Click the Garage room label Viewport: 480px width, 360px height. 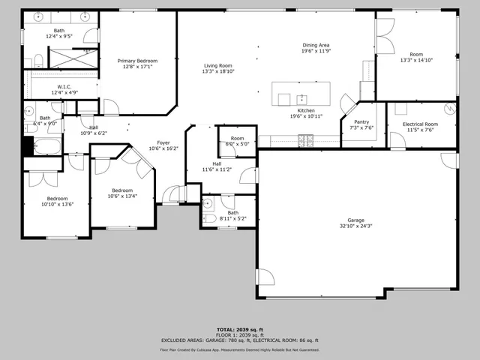[x=356, y=220]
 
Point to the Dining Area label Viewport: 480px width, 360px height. [x=316, y=45]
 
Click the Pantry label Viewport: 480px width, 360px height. [x=361, y=121]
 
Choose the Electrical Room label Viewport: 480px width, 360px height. [x=420, y=124]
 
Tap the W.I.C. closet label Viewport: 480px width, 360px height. [x=64, y=87]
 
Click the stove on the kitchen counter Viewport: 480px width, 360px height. [x=306, y=139]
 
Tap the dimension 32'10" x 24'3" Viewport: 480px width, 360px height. [x=356, y=226]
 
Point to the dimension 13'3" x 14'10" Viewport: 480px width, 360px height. [x=416, y=60]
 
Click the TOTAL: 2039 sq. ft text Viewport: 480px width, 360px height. [x=239, y=329]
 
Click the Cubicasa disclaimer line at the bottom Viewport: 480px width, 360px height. [x=239, y=349]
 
